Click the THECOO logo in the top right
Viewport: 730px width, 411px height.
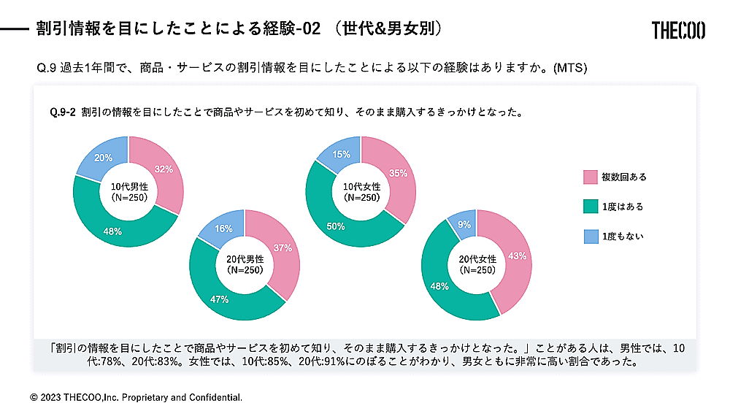pyautogui.click(x=678, y=30)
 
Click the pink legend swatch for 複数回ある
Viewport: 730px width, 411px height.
pyautogui.click(x=590, y=177)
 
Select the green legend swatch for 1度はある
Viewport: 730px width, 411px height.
pyautogui.click(x=590, y=207)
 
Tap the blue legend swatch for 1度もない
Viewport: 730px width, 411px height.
pyautogui.click(x=590, y=236)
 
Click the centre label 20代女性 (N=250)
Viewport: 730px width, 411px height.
pyautogui.click(x=477, y=265)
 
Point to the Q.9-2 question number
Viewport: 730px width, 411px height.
pyautogui.click(x=63, y=113)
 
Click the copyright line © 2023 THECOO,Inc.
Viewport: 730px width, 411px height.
pyautogui.click(x=136, y=398)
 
